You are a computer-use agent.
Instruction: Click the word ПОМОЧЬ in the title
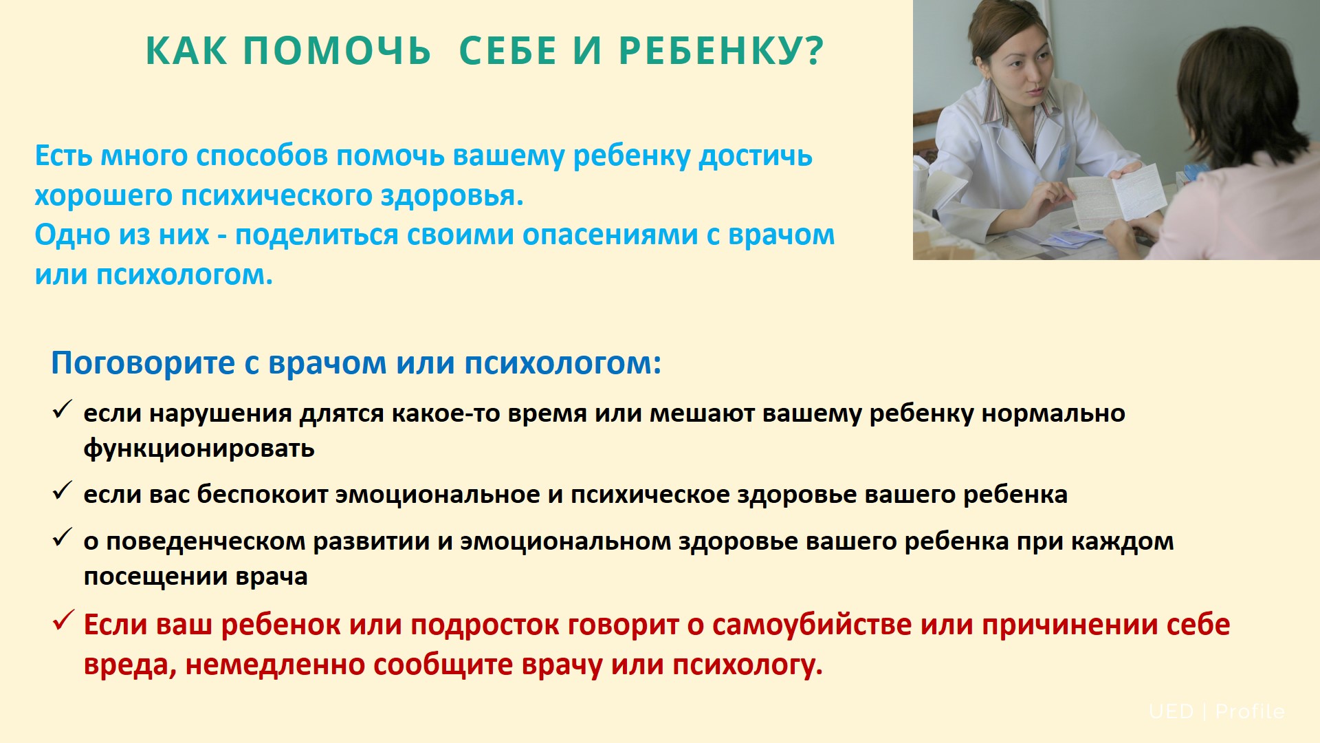[337, 51]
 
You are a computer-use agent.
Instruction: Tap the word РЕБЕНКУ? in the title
[721, 51]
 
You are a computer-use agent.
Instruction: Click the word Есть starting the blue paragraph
[63, 155]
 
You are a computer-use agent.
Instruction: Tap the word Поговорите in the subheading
[143, 363]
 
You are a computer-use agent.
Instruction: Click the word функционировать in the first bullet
[199, 449]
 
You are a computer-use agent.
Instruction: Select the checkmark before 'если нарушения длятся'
[63, 410]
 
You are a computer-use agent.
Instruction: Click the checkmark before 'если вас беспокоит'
[63, 491]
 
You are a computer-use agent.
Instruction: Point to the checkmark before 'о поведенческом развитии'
[63, 537]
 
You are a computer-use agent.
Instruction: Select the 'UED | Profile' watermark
[1216, 711]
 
